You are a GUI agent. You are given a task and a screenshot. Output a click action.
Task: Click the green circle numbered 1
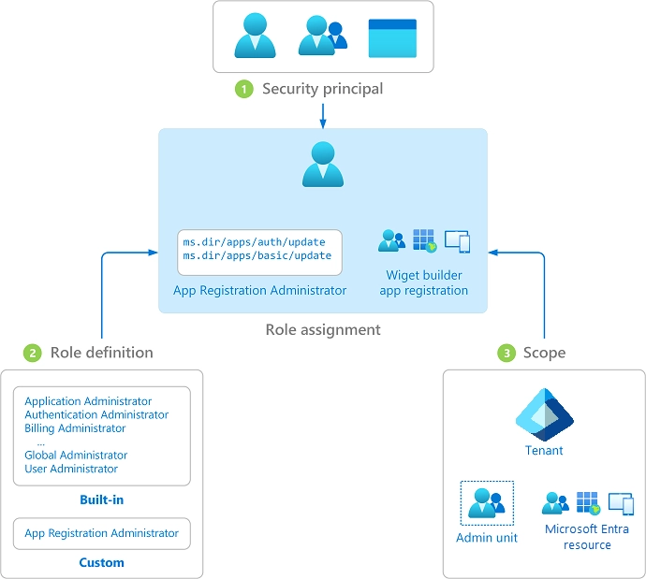click(x=244, y=90)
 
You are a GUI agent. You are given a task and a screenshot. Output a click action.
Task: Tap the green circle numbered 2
click(x=33, y=353)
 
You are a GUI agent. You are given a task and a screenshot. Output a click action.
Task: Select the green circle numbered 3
click(x=507, y=353)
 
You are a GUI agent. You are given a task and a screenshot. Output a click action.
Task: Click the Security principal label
click(x=322, y=90)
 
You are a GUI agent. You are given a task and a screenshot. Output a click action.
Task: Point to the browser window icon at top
click(x=392, y=37)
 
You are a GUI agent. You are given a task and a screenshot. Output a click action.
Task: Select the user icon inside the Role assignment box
click(x=323, y=164)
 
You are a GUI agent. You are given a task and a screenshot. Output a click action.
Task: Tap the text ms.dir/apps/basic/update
click(x=257, y=256)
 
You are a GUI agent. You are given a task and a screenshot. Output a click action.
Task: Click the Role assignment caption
click(x=323, y=329)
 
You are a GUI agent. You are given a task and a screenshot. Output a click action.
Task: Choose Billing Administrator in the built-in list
click(x=75, y=428)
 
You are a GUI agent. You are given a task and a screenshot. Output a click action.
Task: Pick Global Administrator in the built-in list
click(x=76, y=456)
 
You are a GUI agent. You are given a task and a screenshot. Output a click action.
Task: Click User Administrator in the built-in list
click(x=71, y=469)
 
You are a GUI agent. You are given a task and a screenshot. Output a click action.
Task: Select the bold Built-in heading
click(x=101, y=500)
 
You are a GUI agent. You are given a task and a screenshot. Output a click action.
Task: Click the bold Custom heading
click(x=101, y=563)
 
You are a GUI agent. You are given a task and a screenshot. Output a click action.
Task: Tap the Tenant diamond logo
click(x=544, y=414)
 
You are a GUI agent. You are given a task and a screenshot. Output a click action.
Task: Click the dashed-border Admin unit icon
click(x=487, y=503)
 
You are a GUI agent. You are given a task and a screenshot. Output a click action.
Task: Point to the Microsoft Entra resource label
click(x=587, y=537)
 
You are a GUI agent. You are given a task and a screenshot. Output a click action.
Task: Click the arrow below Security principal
click(x=322, y=115)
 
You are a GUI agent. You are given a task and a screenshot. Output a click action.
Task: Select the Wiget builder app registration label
click(x=424, y=282)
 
